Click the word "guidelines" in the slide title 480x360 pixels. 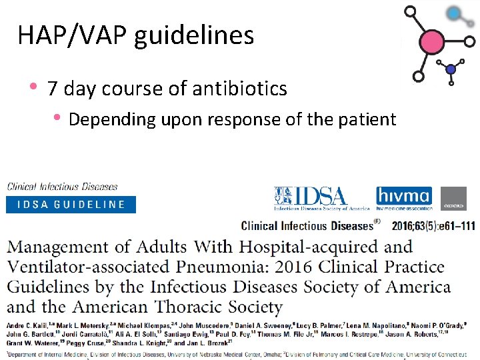click(194, 35)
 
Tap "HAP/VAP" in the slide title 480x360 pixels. click(73, 35)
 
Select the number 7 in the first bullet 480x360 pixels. click(53, 89)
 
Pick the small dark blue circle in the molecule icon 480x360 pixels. click(451, 69)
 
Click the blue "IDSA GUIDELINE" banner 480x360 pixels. click(71, 204)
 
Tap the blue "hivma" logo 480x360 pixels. click(404, 197)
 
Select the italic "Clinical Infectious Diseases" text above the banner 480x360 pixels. click(62, 187)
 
